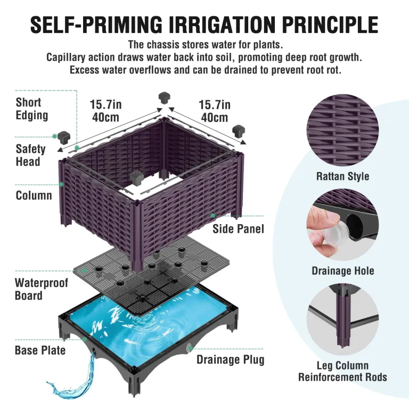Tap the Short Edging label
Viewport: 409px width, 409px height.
32,109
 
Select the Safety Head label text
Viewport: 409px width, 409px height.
30,155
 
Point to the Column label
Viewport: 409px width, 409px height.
34,195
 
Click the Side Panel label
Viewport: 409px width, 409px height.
238,229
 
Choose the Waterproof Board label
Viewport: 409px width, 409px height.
41,289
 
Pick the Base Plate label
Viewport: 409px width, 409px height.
40,350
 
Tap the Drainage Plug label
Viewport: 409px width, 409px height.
230,359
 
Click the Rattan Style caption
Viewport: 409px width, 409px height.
342,176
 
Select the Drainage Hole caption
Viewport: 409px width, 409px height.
343,271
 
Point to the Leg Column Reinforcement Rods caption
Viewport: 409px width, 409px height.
342,371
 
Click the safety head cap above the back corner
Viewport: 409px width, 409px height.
165,97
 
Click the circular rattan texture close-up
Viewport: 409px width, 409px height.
342,130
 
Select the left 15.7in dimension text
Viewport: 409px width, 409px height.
105,104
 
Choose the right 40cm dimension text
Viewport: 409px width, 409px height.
215,117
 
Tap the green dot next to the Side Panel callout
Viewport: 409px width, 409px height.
213,216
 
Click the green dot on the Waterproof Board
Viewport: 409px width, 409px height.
84,271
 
